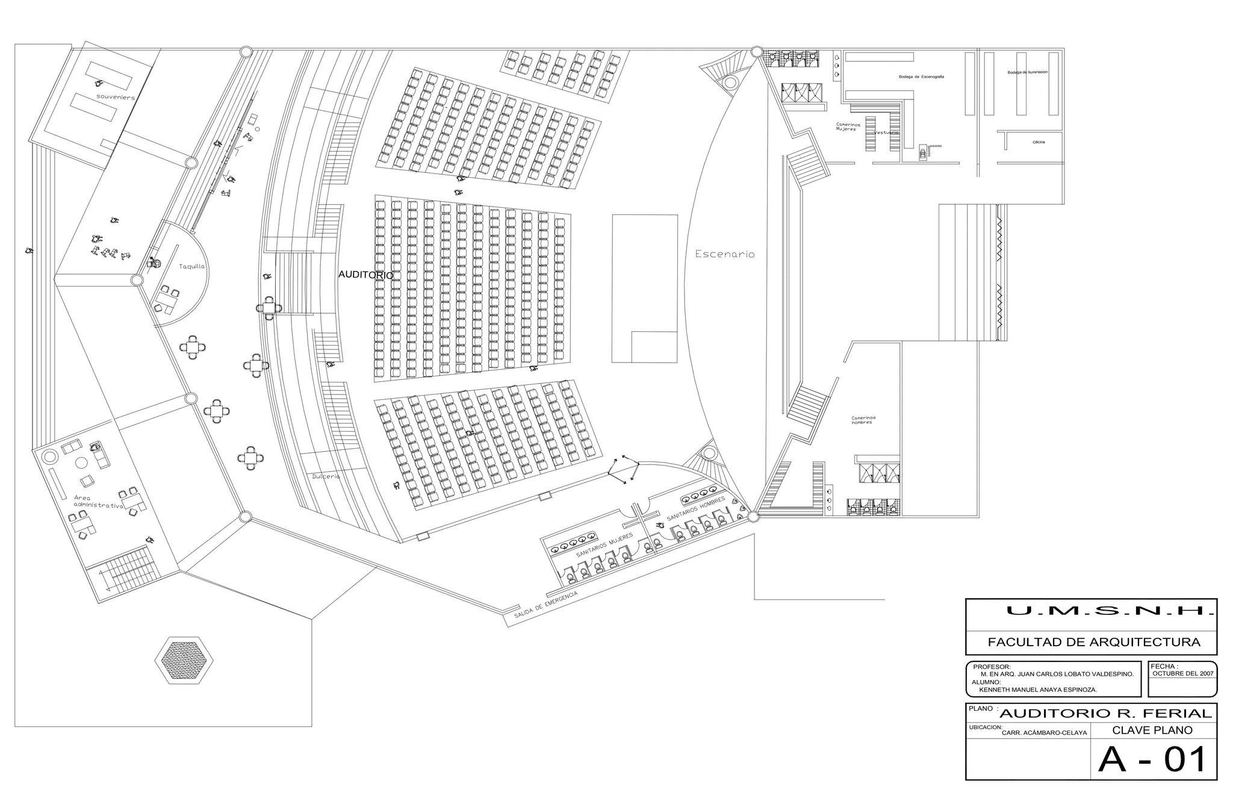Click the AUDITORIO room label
pyautogui.click(x=365, y=275)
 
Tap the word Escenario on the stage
pyautogui.click(x=724, y=254)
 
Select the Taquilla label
pyautogui.click(x=191, y=266)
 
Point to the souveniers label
pyautogui.click(x=116, y=96)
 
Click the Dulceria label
pyautogui.click(x=326, y=476)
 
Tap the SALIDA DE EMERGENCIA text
pyautogui.click(x=545, y=605)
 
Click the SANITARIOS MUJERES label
pyautogui.click(x=604, y=544)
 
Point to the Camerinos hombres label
pyautogui.click(x=863, y=420)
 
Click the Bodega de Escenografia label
pyautogui.click(x=921, y=77)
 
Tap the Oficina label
pyautogui.click(x=1039, y=142)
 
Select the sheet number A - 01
pyautogui.click(x=1152, y=759)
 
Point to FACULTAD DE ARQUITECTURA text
pyautogui.click(x=1093, y=643)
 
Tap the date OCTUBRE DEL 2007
pyautogui.click(x=1182, y=674)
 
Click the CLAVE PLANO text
pyautogui.click(x=1152, y=731)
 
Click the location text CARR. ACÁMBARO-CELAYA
pyautogui.click(x=1044, y=733)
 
